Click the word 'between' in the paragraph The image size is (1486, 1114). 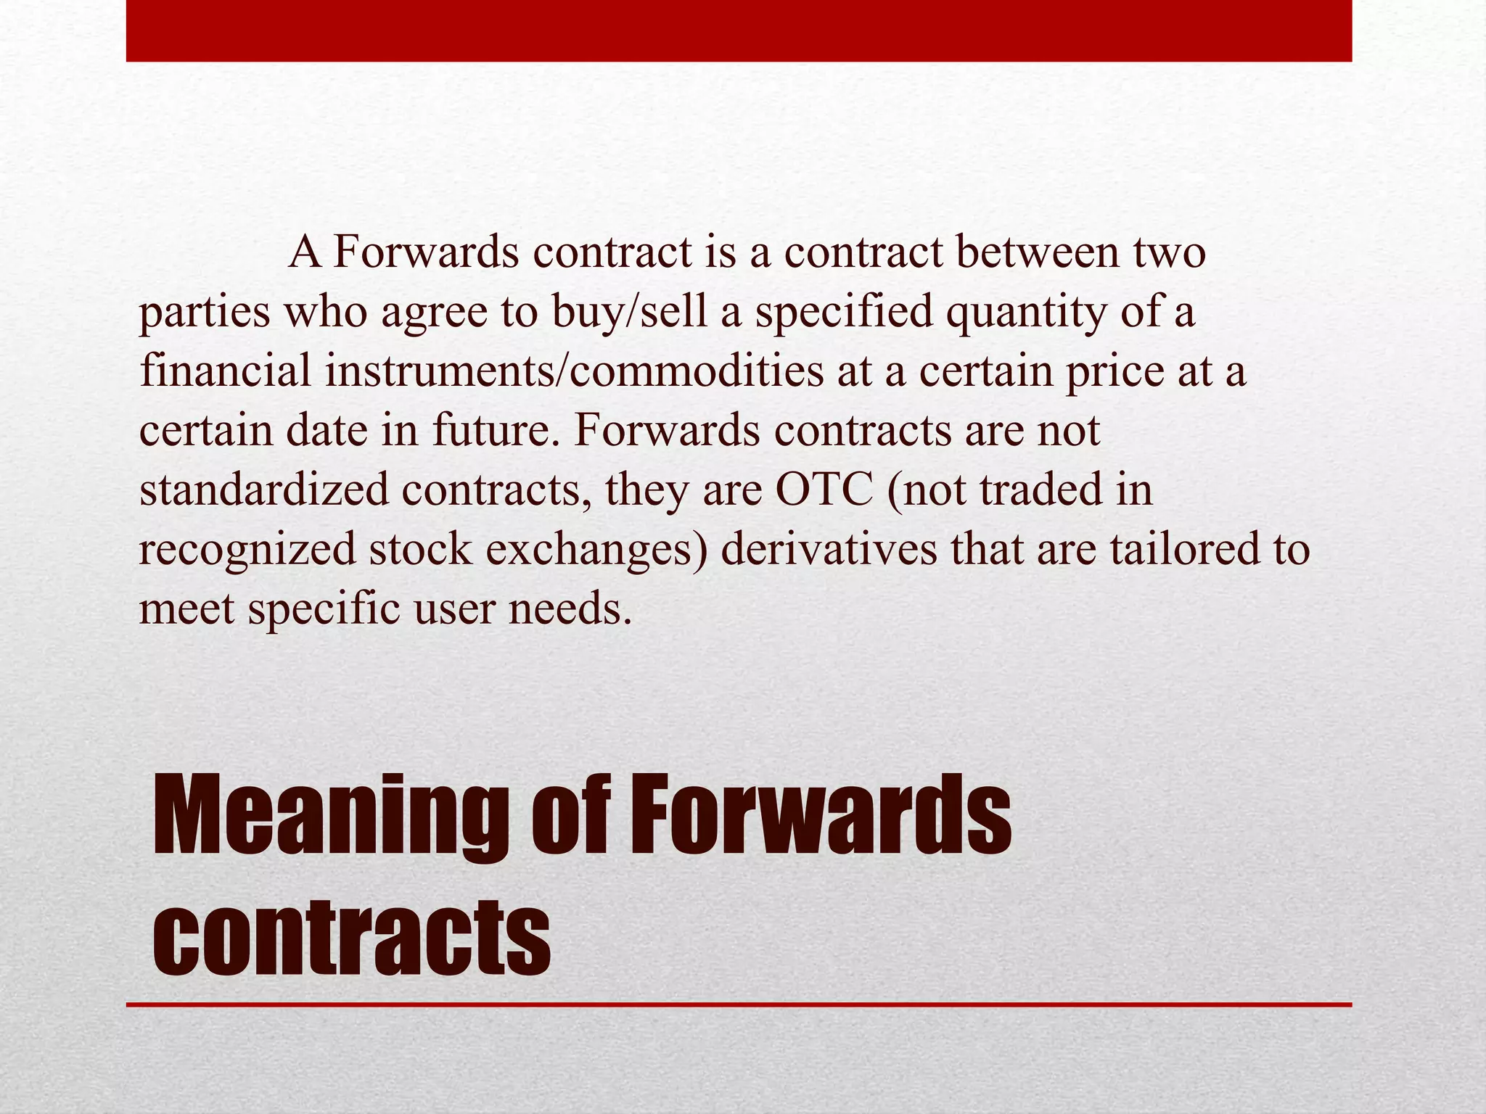[1037, 252]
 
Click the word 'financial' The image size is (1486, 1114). [225, 371]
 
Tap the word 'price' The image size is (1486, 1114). [1114, 372]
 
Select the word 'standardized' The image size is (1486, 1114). [264, 490]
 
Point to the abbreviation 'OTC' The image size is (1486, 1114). [824, 490]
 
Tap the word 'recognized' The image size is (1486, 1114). [247, 550]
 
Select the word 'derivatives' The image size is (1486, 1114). [829, 549]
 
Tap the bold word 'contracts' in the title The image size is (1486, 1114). [352, 936]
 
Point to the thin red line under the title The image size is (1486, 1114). [739, 1005]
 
